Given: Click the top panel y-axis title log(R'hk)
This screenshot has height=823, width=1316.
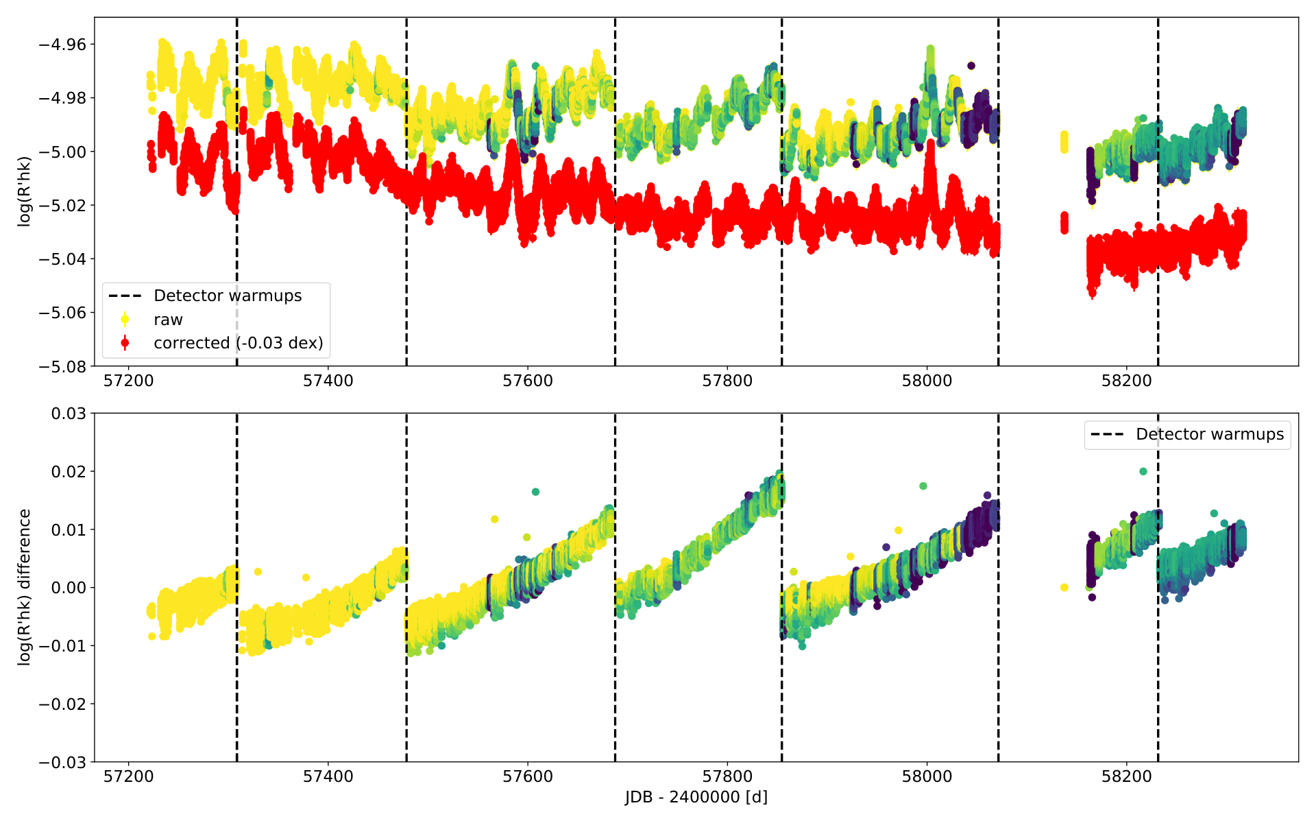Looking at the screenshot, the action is pos(25,191).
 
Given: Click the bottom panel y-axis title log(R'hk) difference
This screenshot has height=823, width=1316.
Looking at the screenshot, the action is pos(25,587).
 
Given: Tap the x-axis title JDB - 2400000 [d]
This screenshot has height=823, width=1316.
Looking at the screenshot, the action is pos(696,797).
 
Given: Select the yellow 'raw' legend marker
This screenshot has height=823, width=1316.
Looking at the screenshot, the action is pos(125,319).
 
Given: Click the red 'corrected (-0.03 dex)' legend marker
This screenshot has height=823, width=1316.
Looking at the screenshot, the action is pos(125,342).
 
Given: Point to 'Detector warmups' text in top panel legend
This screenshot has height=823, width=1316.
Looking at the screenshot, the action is pos(228,296).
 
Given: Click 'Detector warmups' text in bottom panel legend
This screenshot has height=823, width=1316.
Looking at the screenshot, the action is pos(1210,434).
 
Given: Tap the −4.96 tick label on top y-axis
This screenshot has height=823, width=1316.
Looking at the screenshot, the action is pos(62,45).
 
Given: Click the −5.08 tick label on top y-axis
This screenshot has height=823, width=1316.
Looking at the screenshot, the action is pos(62,366).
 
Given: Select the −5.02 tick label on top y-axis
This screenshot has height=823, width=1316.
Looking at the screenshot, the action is pos(62,205).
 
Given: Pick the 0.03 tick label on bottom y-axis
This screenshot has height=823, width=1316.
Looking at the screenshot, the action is pos(69,413).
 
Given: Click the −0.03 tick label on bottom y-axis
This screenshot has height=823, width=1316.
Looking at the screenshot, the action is pos(62,762).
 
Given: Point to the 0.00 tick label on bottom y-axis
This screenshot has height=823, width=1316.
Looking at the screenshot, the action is pos(69,588).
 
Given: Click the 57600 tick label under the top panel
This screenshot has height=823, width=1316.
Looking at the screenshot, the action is pos(528,381).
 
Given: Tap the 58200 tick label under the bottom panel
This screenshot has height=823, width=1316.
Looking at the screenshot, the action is pos(1127,776).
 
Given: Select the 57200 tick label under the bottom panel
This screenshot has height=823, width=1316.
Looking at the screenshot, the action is pos(128,776).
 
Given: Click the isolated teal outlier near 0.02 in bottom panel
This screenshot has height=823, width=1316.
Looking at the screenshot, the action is pos(1143,471).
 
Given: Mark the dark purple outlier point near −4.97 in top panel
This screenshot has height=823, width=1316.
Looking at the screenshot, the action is pos(971,66).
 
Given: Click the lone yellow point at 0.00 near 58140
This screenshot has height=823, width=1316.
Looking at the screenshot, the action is pos(1064,587).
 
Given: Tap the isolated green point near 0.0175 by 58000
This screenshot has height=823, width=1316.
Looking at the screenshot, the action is pos(923,486).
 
